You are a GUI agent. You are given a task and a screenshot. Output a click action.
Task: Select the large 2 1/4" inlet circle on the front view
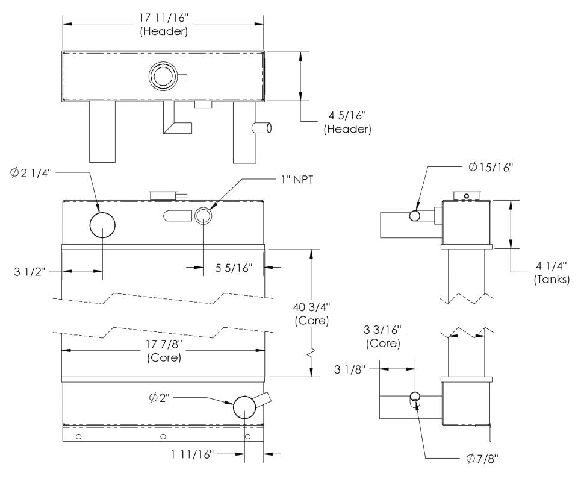[102, 224]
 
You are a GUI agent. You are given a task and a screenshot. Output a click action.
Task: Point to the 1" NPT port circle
[204, 215]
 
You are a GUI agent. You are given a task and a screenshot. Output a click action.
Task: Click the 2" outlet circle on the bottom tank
[245, 407]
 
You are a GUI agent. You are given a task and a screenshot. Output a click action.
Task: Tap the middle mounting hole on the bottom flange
[163, 436]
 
